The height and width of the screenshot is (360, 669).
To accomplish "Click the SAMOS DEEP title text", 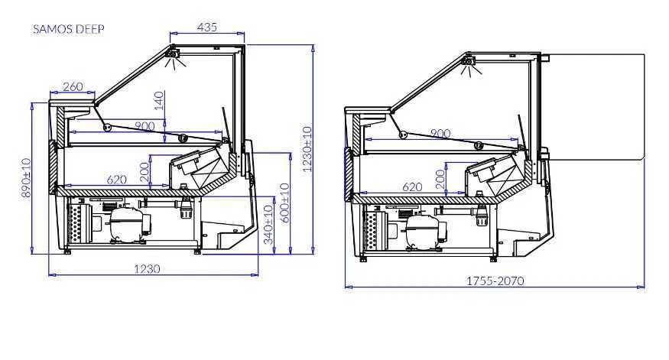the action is [x=69, y=29].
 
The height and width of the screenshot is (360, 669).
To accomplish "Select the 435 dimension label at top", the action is [x=207, y=27].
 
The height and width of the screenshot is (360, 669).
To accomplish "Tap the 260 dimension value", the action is [x=73, y=86].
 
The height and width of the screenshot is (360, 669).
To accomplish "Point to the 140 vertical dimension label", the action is [x=159, y=101].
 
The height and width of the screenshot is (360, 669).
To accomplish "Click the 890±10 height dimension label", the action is [x=26, y=177].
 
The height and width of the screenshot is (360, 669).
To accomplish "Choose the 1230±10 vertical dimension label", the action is [x=307, y=149].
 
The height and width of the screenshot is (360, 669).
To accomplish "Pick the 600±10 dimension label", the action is [x=285, y=203].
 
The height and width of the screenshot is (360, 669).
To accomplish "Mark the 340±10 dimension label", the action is [x=268, y=225].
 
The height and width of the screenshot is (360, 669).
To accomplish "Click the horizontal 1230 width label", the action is [x=148, y=269].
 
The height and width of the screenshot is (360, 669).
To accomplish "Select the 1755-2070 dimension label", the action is [x=495, y=281].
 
